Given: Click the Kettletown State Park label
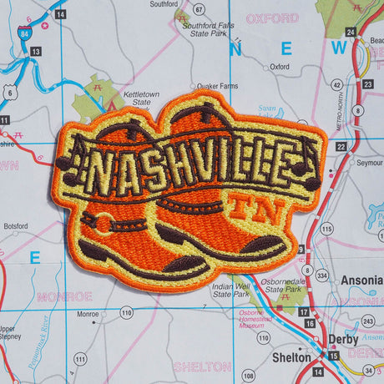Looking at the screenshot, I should point(141,101).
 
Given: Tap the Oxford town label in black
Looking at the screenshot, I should point(280,67).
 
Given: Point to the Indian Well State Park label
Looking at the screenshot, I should point(230,291).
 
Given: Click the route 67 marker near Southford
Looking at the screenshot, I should point(199,9).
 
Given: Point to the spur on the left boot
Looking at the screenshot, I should point(102,224).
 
